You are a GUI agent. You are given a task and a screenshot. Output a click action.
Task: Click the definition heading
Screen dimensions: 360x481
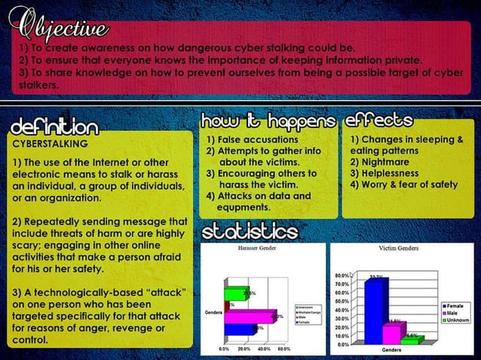tap(54, 125)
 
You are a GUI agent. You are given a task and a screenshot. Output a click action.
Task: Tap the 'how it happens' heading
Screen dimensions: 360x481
tap(267, 122)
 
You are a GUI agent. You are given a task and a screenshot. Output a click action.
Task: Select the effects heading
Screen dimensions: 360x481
tap(378, 121)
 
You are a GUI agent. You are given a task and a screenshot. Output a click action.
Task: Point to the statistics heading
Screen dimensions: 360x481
tap(248, 230)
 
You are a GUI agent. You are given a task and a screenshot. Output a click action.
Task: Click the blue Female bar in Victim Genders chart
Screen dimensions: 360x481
tap(374, 311)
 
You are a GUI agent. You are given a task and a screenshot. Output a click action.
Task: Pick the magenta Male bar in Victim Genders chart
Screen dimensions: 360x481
tap(393, 333)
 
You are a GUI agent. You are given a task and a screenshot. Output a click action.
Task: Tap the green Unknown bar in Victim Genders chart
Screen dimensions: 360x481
tap(410, 339)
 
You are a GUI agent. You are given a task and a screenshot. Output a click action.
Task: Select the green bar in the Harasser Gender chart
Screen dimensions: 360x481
tap(235, 293)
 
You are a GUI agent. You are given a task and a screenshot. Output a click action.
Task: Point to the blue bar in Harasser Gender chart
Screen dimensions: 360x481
tap(240, 329)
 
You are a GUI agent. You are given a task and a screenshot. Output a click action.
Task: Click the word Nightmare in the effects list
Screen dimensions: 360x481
tap(384, 162)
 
